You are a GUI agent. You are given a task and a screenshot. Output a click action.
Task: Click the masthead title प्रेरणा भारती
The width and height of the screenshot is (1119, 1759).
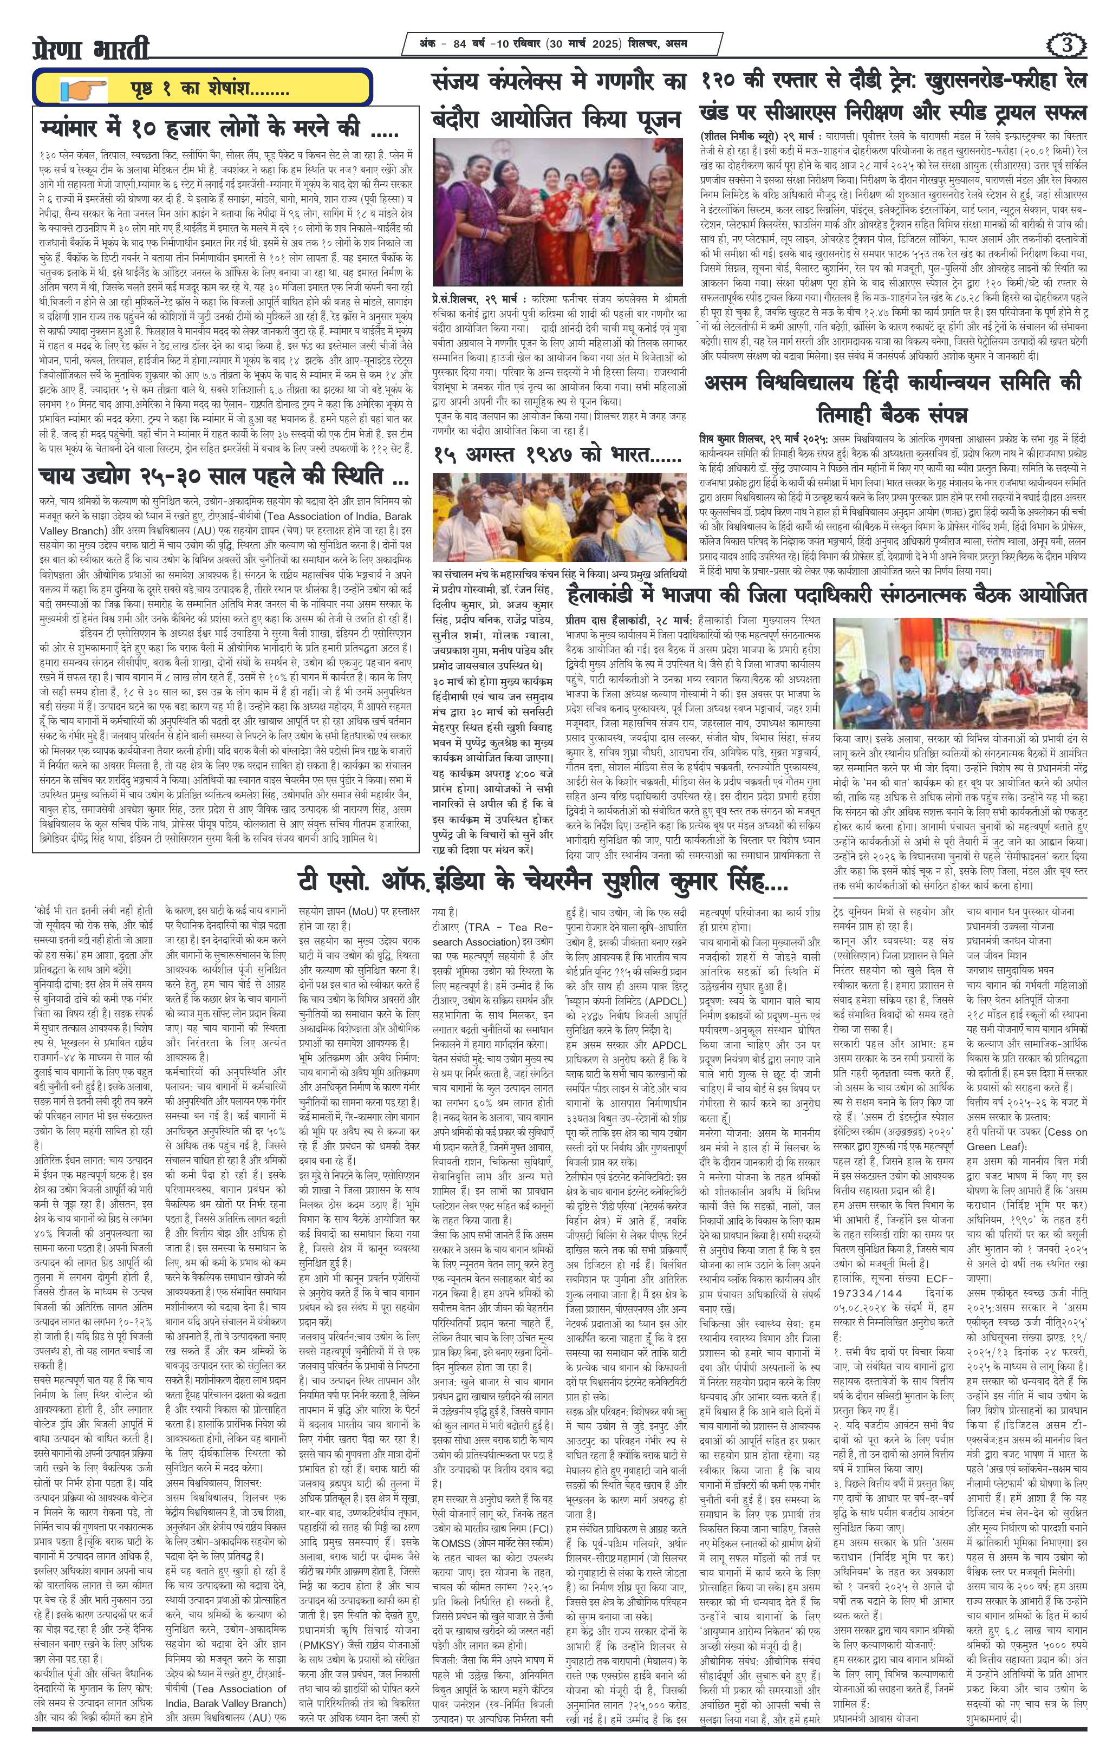[x=92, y=49]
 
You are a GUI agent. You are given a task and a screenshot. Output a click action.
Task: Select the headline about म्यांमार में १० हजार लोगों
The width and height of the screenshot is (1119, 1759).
[x=219, y=129]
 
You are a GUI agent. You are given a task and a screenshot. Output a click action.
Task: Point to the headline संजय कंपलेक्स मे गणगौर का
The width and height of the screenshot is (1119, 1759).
[x=559, y=80]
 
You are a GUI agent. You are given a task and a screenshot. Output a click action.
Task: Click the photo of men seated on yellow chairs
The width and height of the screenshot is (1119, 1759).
[x=559, y=518]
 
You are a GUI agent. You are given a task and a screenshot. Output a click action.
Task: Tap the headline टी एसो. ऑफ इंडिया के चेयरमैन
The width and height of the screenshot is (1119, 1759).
[x=543, y=884]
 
